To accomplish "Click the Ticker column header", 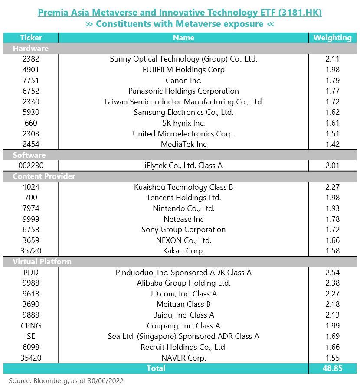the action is [31, 38].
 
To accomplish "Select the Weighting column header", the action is [332, 38].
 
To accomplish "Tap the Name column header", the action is [184, 38].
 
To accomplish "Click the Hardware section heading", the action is [31, 48].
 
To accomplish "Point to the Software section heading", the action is [29, 155].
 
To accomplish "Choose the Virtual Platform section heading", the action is [42, 262].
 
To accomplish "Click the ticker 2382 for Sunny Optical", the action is [31, 59].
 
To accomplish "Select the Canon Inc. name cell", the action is [184, 81].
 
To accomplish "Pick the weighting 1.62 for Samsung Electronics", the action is [333, 112].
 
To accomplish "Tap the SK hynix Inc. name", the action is [184, 123].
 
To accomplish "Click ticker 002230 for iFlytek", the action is [31, 166].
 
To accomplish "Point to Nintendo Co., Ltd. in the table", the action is [184, 208].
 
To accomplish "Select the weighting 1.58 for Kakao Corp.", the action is [333, 251].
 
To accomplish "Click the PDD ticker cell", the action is [31, 273].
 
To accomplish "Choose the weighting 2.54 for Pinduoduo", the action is [333, 273].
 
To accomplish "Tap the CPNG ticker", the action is [31, 326].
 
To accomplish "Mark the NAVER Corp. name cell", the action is [184, 358].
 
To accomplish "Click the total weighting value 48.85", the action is [333, 368].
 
